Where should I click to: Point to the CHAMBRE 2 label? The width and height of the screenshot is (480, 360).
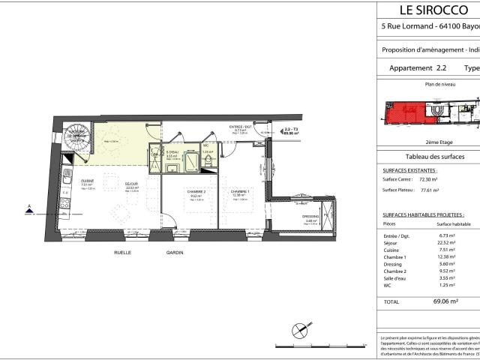(196, 192)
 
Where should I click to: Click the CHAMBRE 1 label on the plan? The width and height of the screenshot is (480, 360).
(239, 192)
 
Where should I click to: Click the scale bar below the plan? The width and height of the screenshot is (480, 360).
(300, 346)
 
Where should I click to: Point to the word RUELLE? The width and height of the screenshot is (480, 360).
(122, 253)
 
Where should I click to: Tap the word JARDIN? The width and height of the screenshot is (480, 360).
(175, 253)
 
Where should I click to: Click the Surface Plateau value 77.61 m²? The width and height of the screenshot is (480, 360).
(427, 190)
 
